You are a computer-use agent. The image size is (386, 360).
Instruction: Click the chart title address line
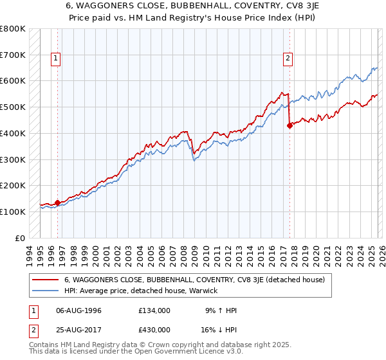(x=193, y=6)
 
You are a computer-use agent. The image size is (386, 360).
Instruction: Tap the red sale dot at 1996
(x=57, y=203)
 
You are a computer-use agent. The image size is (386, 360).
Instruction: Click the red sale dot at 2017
(x=289, y=125)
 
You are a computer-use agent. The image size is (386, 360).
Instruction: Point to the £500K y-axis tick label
(x=13, y=107)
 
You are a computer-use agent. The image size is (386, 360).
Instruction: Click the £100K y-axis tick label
(x=13, y=212)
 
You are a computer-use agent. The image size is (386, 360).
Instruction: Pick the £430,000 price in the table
(x=154, y=329)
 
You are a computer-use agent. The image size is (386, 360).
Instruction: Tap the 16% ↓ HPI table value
(x=218, y=329)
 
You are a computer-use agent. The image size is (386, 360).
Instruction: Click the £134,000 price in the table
(x=154, y=310)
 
